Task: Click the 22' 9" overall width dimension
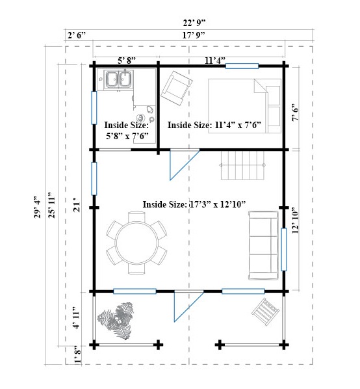click(194, 23)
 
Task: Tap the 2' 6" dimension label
click(77, 35)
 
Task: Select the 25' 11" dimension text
click(52, 205)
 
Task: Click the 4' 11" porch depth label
click(77, 317)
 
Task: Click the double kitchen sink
click(119, 79)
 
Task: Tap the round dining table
click(136, 243)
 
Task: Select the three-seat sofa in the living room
click(263, 245)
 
